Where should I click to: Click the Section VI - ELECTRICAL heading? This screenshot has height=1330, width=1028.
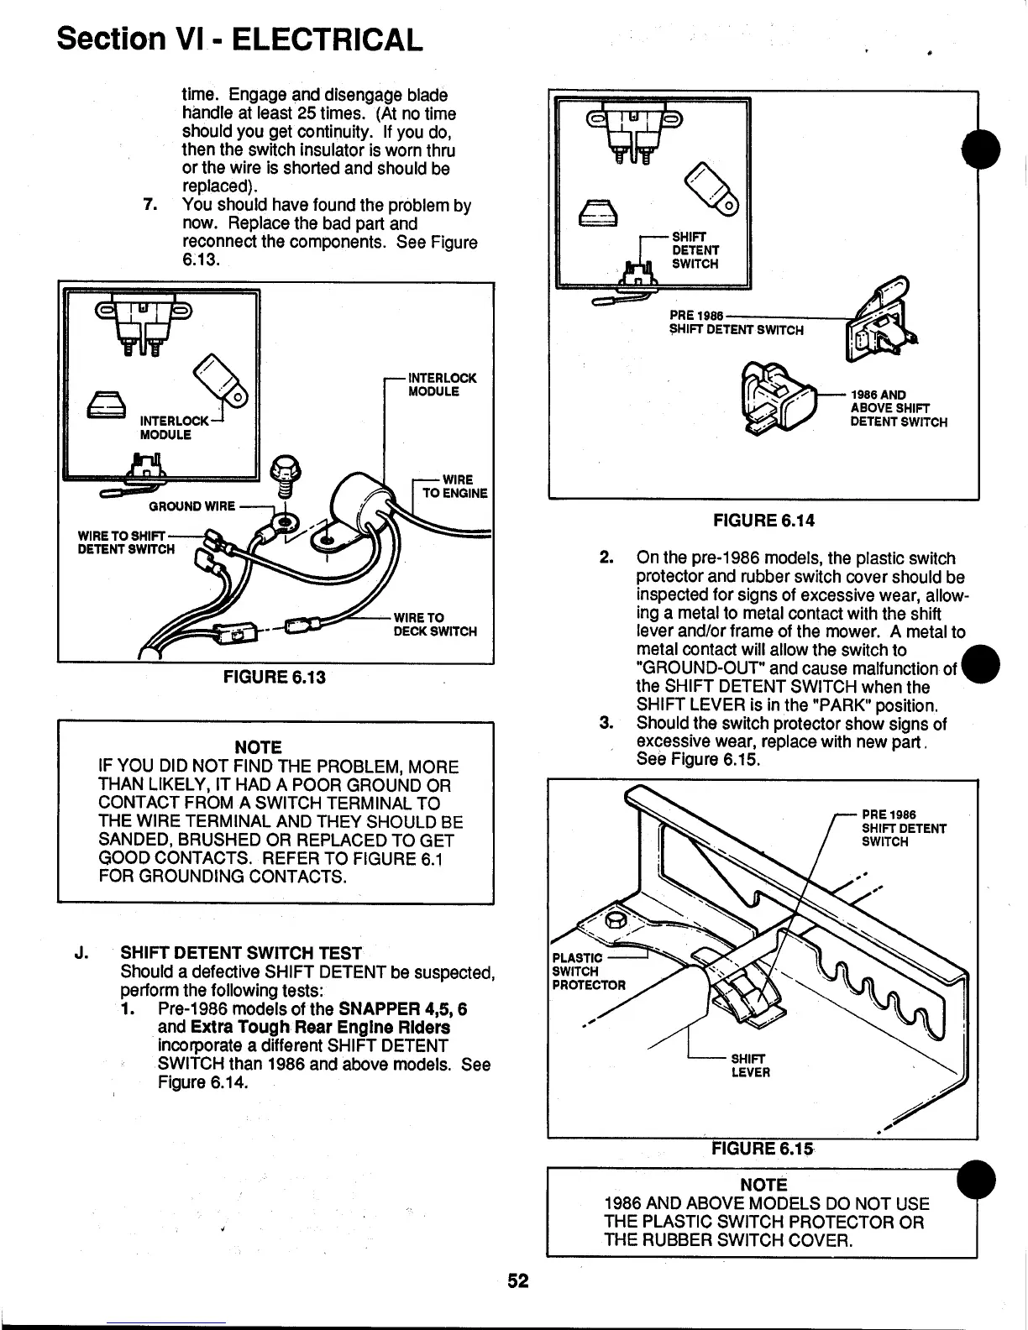tap(239, 38)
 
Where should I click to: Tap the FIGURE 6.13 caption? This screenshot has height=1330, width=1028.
tap(272, 677)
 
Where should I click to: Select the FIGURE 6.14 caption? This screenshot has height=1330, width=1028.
tap(763, 521)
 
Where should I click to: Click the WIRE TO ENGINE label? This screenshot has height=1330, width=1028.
tap(453, 487)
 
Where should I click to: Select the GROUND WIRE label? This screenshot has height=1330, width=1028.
tap(191, 506)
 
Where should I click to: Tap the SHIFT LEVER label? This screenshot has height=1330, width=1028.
tap(750, 1066)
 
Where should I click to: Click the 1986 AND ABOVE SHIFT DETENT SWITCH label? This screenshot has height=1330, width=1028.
tap(898, 409)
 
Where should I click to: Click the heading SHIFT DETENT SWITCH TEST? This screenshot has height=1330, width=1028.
tap(241, 953)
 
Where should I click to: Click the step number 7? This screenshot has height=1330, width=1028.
tap(151, 206)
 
